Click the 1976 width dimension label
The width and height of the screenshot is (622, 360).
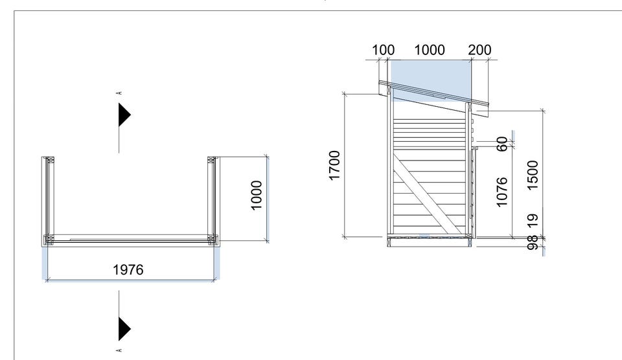pos(128,270)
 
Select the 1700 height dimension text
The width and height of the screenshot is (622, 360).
pos(334,165)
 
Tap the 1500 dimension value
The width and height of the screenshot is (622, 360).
pos(533,175)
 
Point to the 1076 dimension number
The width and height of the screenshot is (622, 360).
pos(501,192)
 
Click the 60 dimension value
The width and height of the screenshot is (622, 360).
pos(501,144)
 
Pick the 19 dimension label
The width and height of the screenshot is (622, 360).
pos(533,220)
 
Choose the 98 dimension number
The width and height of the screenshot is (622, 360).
pos(533,242)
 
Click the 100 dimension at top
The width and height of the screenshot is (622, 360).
pos(383,50)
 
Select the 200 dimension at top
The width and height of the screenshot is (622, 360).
pos(479,50)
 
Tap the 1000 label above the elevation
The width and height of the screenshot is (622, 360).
pos(430,50)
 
